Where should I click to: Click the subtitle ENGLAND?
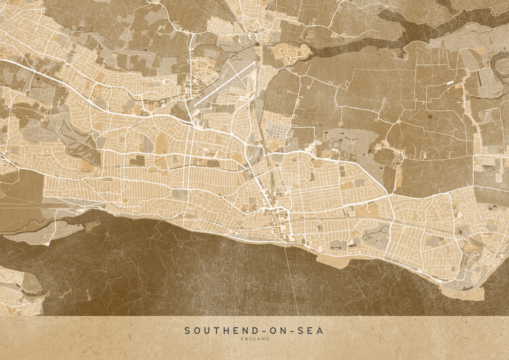click(254, 339)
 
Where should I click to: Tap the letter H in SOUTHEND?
click(221, 331)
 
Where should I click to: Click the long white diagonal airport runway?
click(224, 85)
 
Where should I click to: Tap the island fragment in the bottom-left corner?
click(17, 289)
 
